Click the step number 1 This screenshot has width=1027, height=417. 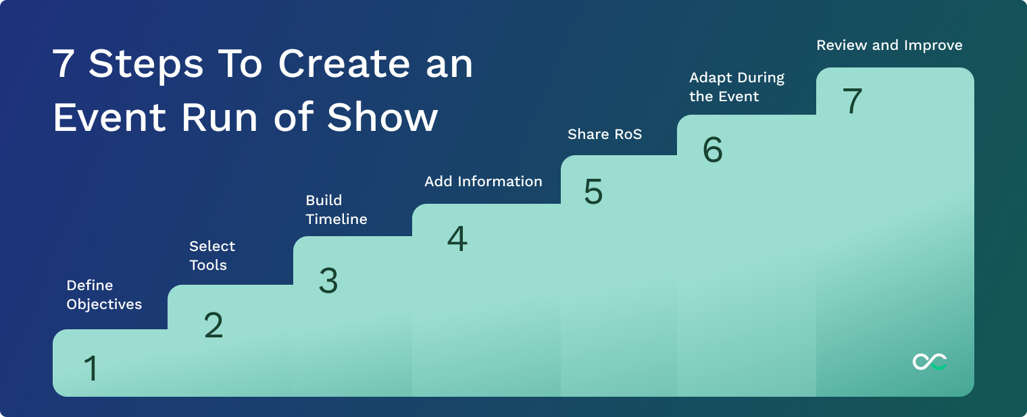[91, 369]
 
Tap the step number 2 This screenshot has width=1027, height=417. [214, 326]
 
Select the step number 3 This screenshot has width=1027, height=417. [328, 281]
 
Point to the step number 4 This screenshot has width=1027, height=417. [457, 240]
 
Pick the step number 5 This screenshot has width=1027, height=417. [593, 192]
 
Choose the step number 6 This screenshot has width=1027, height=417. [713, 150]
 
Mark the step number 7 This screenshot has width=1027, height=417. [853, 102]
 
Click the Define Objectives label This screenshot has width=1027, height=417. [104, 295]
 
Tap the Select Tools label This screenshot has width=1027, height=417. [212, 256]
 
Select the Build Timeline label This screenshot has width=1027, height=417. [336, 210]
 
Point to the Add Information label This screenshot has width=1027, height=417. [483, 182]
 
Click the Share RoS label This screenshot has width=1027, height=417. [605, 134]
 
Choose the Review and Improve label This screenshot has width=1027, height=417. [889, 45]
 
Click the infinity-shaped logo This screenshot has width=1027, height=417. [930, 362]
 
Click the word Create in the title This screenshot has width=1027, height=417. [344, 64]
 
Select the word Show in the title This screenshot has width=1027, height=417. [382, 117]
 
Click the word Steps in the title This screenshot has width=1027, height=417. [146, 65]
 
